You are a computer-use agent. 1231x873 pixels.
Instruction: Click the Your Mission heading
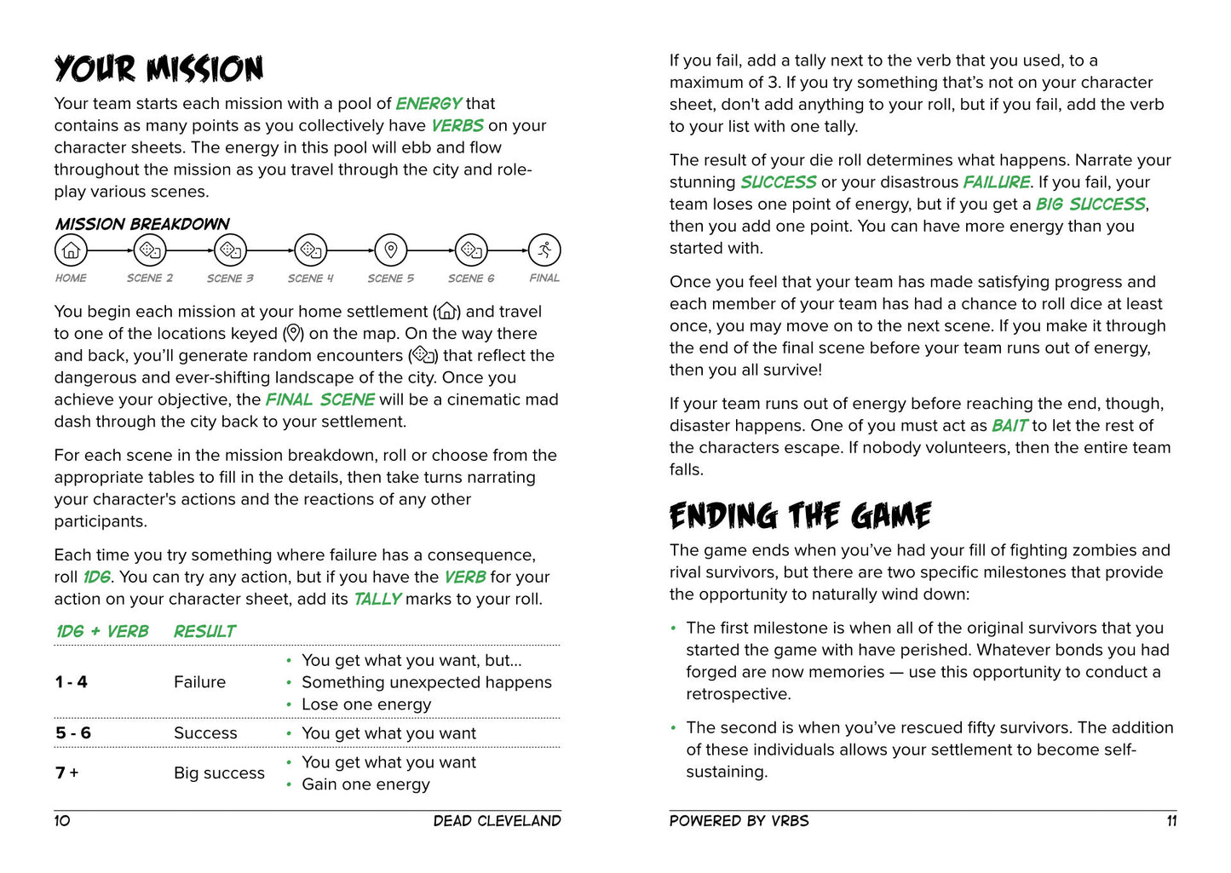tap(158, 69)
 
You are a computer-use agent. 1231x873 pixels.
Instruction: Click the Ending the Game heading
tap(800, 515)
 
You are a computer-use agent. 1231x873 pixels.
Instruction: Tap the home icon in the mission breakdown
tap(71, 250)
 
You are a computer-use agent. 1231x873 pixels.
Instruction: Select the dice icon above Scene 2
tap(150, 250)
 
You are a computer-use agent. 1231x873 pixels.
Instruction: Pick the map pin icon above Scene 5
tap(391, 250)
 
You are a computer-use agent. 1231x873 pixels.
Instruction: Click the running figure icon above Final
tap(544, 250)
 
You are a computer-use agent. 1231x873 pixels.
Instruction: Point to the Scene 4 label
tap(310, 279)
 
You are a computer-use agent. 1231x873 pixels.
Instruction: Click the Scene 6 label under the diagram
tap(470, 279)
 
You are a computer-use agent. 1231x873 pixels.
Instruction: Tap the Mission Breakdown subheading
tap(142, 224)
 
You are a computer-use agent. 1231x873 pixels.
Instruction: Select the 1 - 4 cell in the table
tap(72, 682)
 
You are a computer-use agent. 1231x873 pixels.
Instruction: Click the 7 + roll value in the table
tap(67, 772)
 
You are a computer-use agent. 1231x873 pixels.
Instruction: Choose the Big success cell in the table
tap(219, 772)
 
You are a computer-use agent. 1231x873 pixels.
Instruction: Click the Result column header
tap(204, 631)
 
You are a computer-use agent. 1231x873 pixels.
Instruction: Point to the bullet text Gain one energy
tap(365, 784)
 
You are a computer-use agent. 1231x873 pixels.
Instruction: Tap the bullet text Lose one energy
tap(366, 704)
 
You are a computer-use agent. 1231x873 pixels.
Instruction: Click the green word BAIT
tap(1010, 426)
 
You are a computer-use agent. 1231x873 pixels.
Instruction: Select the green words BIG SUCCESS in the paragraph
tap(1090, 204)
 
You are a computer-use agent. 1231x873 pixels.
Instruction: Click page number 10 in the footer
tap(62, 821)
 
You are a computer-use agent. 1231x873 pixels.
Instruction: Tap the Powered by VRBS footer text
tap(739, 821)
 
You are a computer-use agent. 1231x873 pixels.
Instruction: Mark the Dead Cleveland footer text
tap(497, 821)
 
